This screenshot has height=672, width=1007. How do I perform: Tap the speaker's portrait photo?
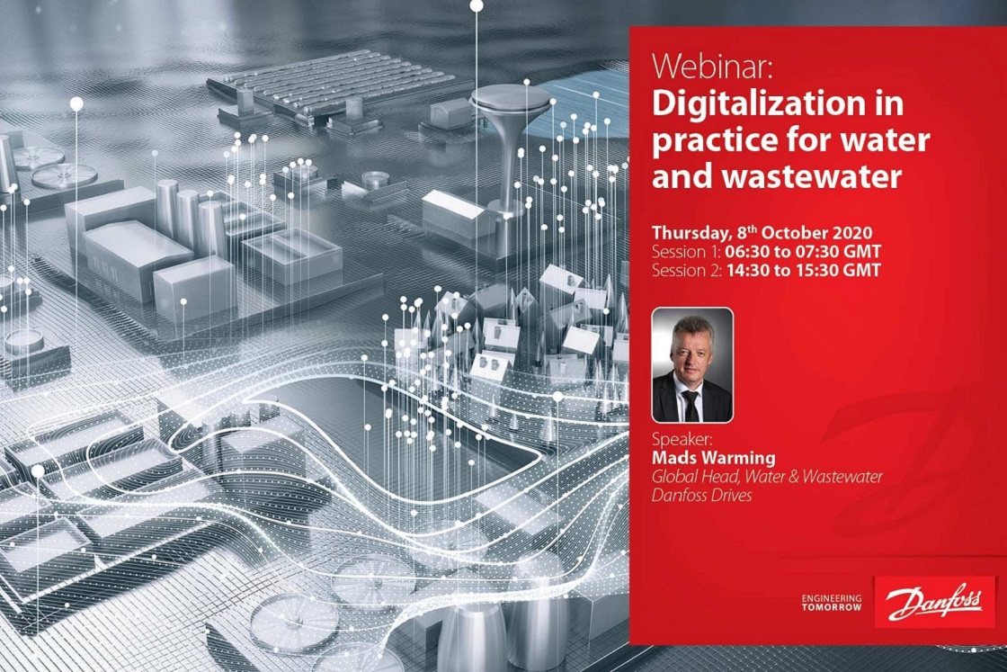point(691,365)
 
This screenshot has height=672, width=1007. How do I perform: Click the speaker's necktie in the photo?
point(690,404)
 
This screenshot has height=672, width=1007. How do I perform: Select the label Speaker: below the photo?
point(682,442)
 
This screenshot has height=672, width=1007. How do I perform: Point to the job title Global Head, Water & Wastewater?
point(767,477)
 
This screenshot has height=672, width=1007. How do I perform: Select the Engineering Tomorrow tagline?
point(832,603)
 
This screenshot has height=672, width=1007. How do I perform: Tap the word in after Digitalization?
point(890,104)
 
